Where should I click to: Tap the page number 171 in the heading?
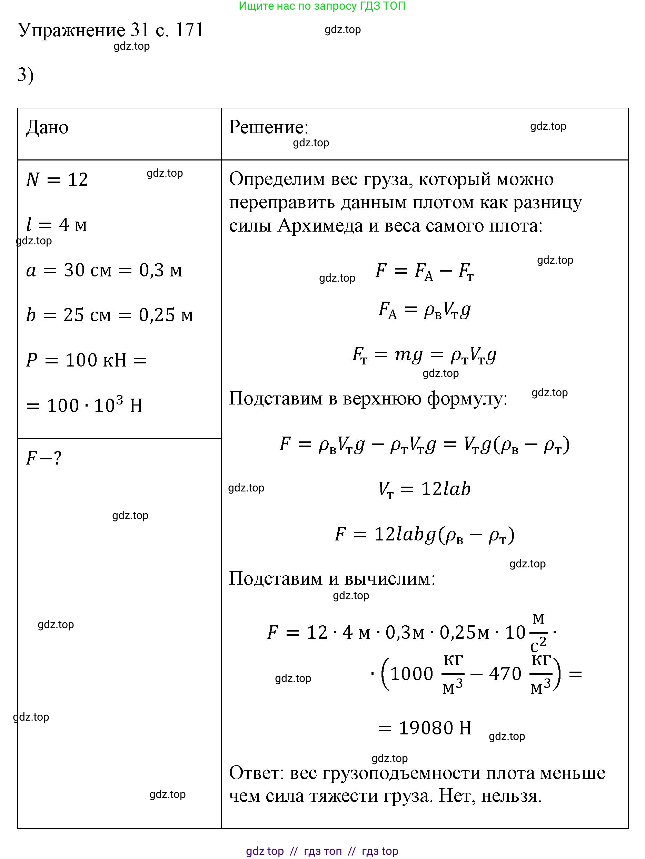pyautogui.click(x=189, y=30)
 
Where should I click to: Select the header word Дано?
pyautogui.click(x=47, y=127)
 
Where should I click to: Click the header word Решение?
pyautogui.click(x=268, y=127)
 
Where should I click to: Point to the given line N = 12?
pyautogui.click(x=57, y=180)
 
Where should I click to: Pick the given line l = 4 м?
pyautogui.click(x=57, y=225)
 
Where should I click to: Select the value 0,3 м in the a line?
pyautogui.click(x=160, y=270)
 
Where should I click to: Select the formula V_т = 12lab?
pyautogui.click(x=424, y=489)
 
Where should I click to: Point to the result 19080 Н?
pyautogui.click(x=435, y=728)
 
